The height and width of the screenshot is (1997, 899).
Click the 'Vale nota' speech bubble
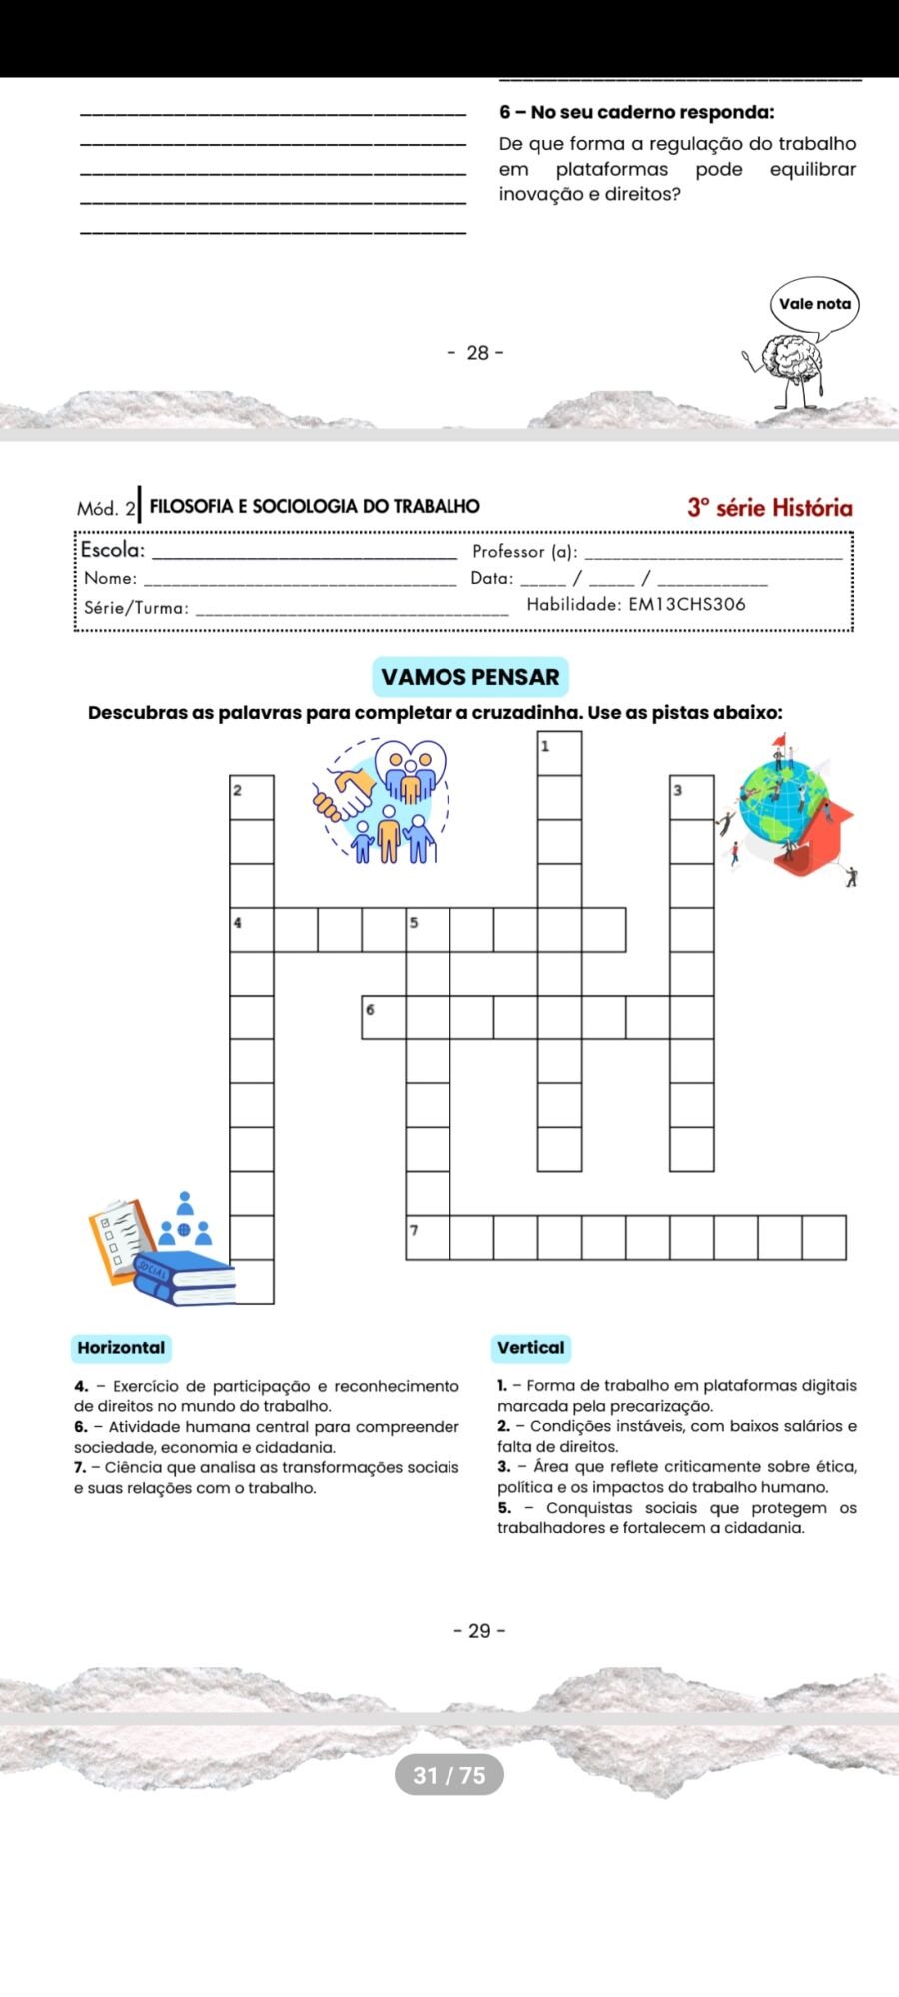[815, 304]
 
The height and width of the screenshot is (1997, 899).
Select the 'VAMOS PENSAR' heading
[470, 677]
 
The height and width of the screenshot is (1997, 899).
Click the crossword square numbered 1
[559, 754]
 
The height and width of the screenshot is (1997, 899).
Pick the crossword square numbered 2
[252, 797]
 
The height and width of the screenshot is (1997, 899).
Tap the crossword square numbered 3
[691, 797]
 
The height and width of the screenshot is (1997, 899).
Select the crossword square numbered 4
[252, 929]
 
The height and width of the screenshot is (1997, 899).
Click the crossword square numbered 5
[428, 929]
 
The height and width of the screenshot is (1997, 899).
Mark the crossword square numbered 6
[384, 1016]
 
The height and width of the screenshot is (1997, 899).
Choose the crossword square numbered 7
[428, 1237]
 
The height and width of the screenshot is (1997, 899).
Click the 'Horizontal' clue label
[121, 1348]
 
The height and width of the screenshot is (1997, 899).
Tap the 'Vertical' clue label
[531, 1348]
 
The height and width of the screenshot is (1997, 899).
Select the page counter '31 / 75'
[449, 1775]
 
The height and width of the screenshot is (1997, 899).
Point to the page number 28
[478, 353]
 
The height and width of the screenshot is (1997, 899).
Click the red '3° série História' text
[770, 507]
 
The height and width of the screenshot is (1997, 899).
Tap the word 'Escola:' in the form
[113, 550]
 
